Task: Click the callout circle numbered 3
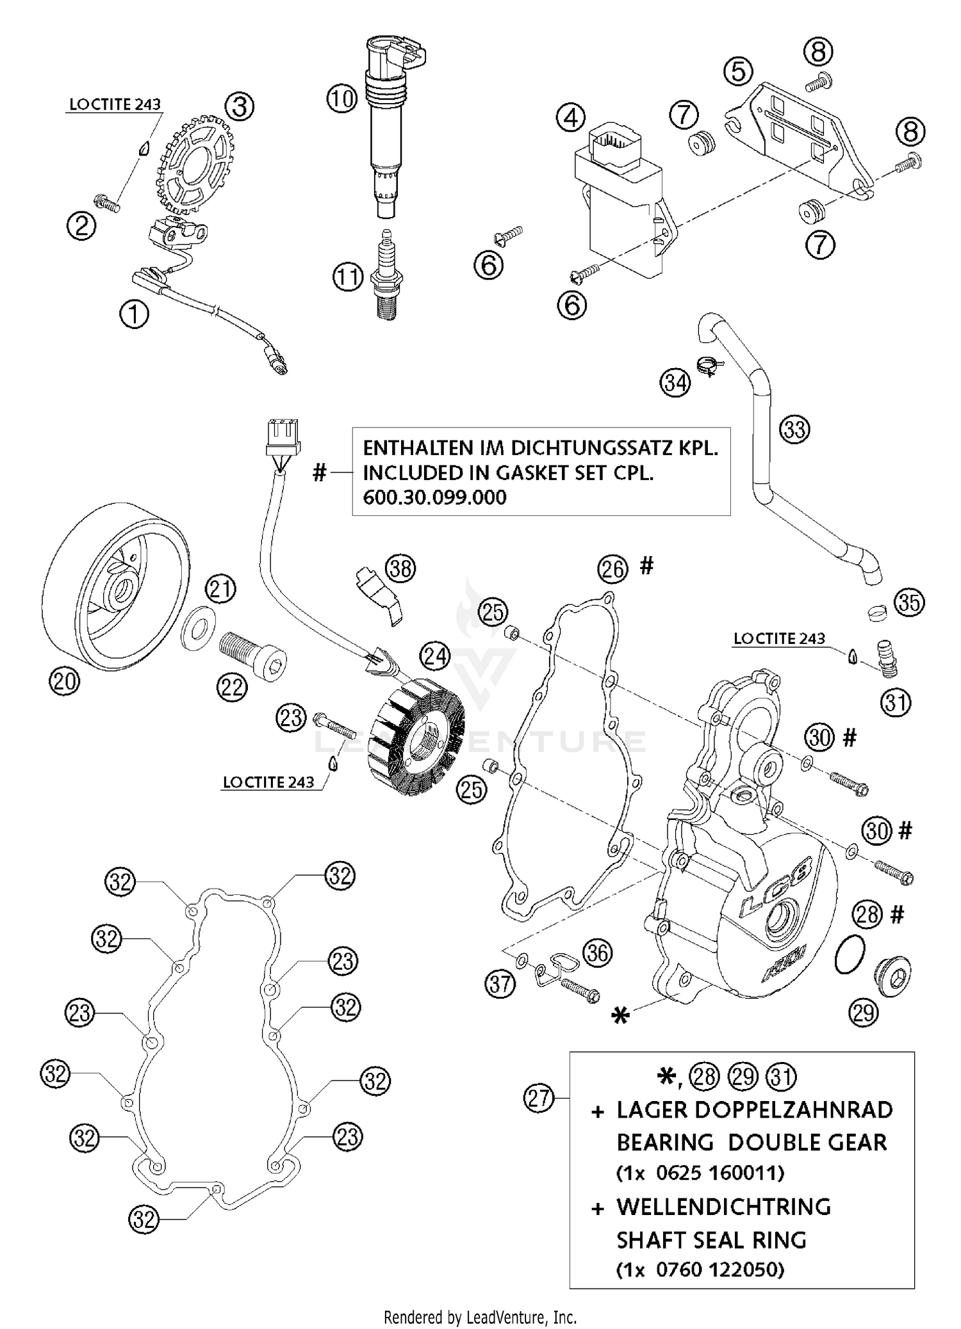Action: coord(239,106)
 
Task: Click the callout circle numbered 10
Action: coord(342,99)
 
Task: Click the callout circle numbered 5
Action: coord(738,71)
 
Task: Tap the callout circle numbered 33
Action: coord(794,429)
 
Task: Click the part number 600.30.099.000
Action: coord(434,497)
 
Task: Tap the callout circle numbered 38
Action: coord(401,568)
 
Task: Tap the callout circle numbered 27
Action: coord(539,1098)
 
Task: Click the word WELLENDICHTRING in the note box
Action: coord(723,1207)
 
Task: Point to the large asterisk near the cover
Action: coord(620,1016)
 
